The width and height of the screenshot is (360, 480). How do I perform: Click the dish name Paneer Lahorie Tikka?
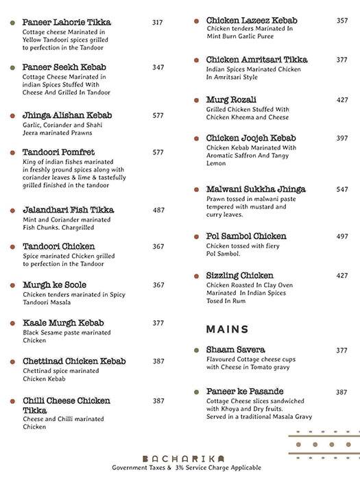(x=67, y=23)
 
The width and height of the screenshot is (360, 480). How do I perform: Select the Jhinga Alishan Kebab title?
(x=67, y=115)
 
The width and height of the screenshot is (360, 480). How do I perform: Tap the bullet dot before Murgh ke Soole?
(x=13, y=285)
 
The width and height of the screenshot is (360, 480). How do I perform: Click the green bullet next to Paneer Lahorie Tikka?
(x=13, y=23)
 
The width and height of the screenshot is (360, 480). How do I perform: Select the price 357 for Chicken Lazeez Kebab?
(x=341, y=21)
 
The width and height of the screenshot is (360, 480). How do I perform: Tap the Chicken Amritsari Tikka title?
(x=257, y=60)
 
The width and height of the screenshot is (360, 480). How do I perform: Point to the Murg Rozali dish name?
(x=231, y=99)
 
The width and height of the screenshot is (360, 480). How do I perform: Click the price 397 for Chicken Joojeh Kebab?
(x=341, y=138)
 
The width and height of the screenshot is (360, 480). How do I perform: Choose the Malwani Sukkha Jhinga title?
(x=256, y=189)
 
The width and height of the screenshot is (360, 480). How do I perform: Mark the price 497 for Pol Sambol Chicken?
(x=341, y=237)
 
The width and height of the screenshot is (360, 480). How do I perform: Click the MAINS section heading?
(x=227, y=329)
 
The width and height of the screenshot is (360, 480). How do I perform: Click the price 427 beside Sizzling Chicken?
(x=341, y=276)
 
